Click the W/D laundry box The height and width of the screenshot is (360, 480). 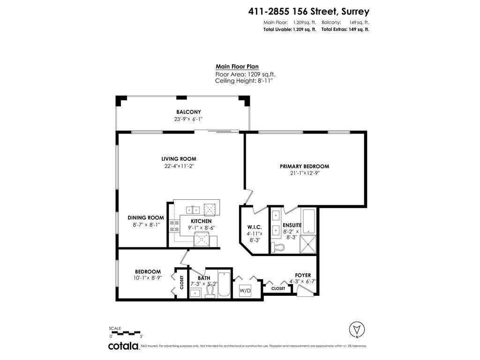(246, 291)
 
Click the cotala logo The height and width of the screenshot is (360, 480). (123, 346)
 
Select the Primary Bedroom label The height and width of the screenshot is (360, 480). (304, 166)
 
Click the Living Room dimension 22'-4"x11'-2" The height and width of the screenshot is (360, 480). (179, 166)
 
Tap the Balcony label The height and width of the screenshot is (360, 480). (188, 112)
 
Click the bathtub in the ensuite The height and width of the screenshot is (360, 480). (308, 222)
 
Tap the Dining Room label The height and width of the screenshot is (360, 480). (146, 217)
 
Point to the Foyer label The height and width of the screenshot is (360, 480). (302, 275)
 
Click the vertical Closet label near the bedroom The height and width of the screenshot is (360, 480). (182, 282)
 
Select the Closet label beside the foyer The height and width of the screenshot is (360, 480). (278, 289)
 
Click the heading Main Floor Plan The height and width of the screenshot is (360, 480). (237, 67)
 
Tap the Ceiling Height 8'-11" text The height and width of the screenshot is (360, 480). (243, 81)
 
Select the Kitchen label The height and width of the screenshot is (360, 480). (201, 221)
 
